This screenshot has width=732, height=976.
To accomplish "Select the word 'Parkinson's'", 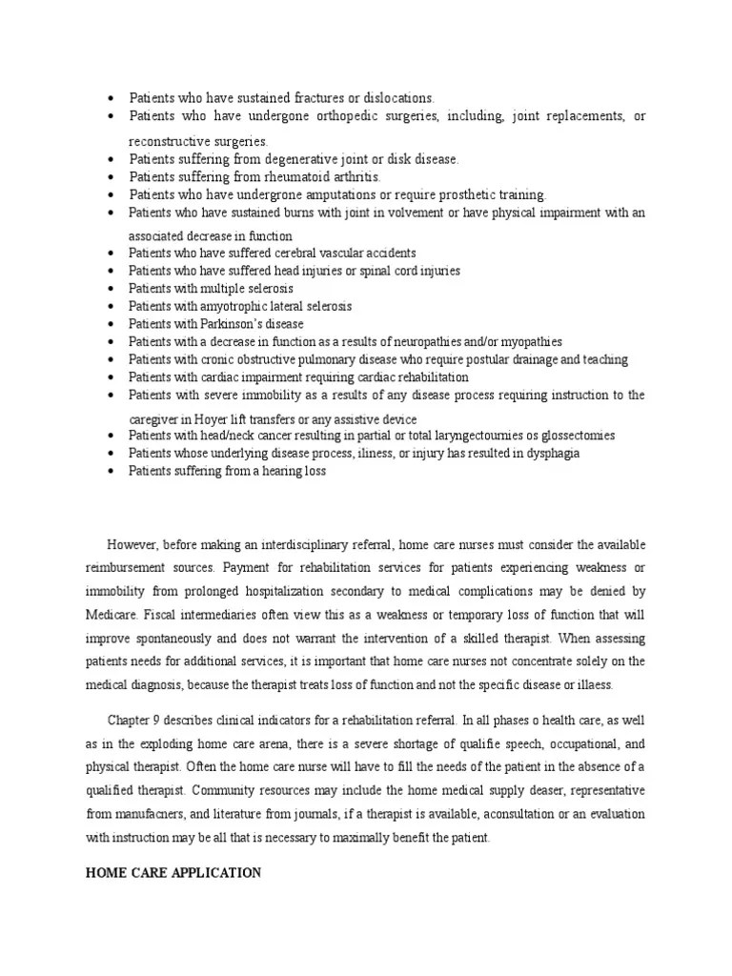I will (234, 323).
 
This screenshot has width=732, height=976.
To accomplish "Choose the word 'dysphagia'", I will (546, 454).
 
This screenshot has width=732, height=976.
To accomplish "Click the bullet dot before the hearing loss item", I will (112, 472).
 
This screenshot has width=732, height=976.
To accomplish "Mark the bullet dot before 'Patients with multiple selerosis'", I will (112, 289).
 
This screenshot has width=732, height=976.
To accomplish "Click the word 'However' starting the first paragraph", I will (131, 544).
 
